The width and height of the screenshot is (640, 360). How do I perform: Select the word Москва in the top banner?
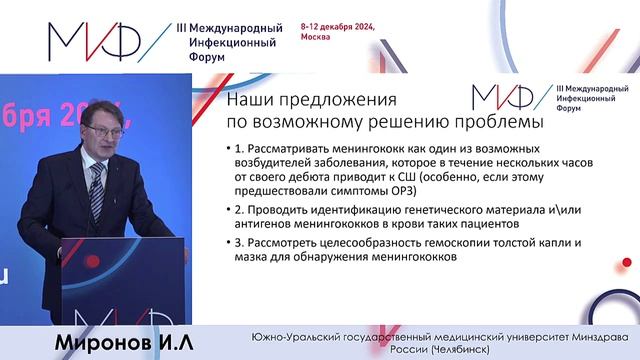pos(314,48)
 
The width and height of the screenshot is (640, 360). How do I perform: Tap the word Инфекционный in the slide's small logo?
pos(585,99)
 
